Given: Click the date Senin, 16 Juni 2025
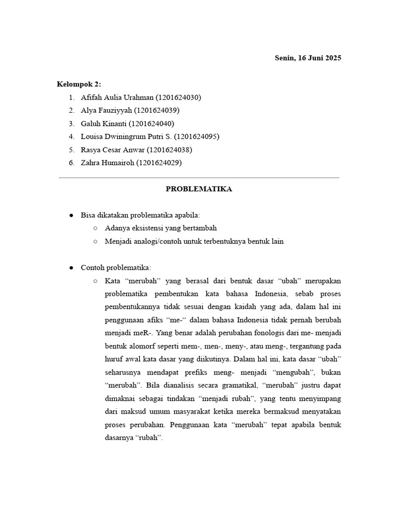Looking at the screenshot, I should coord(308,58).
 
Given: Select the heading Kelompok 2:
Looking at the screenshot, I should coord(79,84).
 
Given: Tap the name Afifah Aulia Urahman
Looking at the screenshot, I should coord(117,97).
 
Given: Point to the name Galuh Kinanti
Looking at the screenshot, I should coord(103,123).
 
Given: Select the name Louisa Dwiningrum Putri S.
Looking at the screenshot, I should coord(126,136).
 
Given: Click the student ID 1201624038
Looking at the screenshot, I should coord(170,150).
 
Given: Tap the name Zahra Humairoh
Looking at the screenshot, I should coord(108,163).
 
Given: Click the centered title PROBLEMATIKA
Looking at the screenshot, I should coord(199,189).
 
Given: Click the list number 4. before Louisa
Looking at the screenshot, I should coord(71,136).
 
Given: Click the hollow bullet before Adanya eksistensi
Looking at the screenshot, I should coord(95,228).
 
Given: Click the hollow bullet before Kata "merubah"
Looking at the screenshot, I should coord(95,281).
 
